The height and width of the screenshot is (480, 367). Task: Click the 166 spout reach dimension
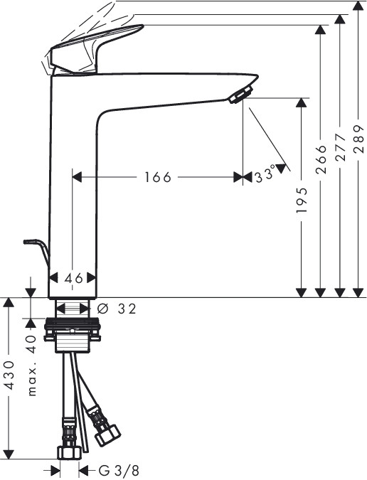(x=157, y=177)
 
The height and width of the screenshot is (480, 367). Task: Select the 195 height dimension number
(x=302, y=200)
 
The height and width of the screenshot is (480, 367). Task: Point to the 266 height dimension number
(x=321, y=160)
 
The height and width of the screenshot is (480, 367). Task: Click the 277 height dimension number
(x=339, y=147)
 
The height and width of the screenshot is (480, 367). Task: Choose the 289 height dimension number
(x=358, y=139)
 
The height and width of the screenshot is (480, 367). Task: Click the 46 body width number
(x=74, y=278)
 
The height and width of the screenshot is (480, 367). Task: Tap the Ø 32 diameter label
(x=117, y=309)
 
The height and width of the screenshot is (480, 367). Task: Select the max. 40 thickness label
(x=32, y=366)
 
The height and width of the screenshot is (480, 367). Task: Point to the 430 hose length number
(x=9, y=375)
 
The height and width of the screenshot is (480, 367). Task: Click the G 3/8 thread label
(x=119, y=470)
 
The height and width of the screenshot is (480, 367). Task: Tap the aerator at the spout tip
(x=241, y=95)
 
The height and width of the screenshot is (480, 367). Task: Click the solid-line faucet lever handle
(x=95, y=49)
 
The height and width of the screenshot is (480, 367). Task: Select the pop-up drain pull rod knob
(x=31, y=242)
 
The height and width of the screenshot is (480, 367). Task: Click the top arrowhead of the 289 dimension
(x=358, y=6)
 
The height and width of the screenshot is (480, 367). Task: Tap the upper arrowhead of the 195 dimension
(x=302, y=102)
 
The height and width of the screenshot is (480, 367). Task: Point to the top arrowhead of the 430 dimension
(x=9, y=303)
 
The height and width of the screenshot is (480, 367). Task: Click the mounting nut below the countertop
(x=73, y=330)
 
